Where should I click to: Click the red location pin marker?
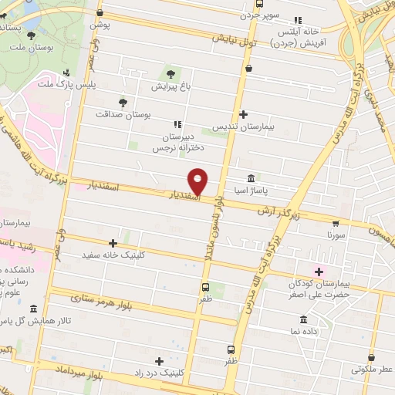199,181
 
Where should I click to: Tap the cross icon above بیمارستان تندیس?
243,113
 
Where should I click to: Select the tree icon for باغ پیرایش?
170,75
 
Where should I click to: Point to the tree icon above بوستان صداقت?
122,102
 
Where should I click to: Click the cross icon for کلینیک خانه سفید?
113,242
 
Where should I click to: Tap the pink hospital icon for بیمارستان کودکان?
318,271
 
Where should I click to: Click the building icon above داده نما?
302,320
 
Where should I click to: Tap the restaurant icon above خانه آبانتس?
299,20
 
